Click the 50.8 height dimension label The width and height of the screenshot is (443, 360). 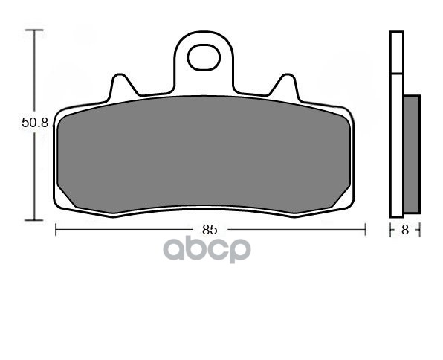click(34, 123)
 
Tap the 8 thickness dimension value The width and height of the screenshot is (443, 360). click(405, 230)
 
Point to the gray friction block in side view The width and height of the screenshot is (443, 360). click(412, 152)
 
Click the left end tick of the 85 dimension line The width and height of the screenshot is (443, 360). click(56, 230)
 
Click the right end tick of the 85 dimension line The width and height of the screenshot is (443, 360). click(365, 230)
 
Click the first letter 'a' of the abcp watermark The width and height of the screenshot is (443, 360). click(173, 250)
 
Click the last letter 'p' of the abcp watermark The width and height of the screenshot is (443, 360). click(240, 251)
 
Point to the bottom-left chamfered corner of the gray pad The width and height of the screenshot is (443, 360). click(67, 196)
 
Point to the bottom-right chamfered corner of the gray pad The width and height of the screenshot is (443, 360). click(341, 196)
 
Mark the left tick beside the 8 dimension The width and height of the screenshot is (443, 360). click(391, 230)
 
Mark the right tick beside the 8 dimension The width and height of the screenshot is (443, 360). click(420, 230)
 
